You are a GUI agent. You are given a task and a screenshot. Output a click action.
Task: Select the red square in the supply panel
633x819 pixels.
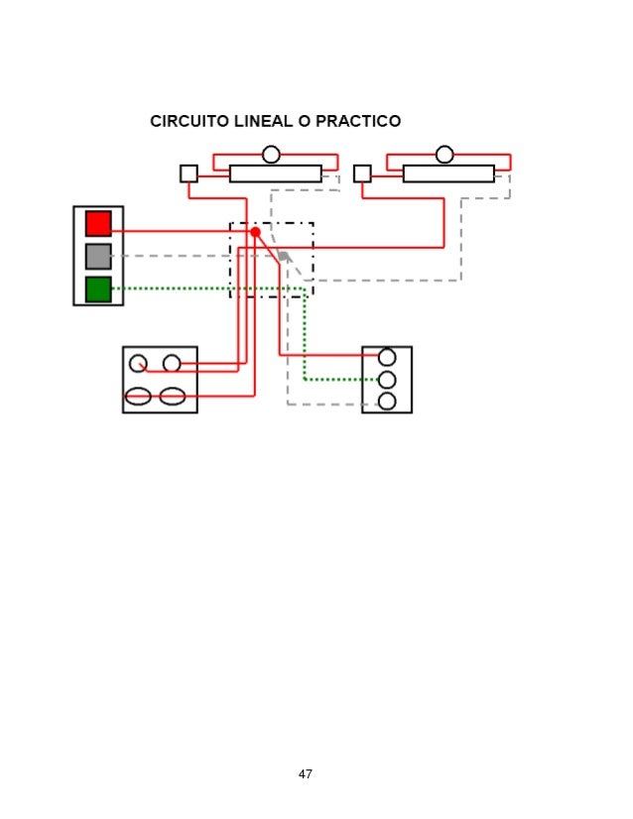(x=97, y=223)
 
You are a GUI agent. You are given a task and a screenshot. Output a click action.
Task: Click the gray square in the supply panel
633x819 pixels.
(x=97, y=256)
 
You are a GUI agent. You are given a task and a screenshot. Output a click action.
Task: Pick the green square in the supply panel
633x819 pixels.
(x=97, y=289)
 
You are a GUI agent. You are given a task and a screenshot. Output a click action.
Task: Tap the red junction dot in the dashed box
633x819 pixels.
(x=255, y=231)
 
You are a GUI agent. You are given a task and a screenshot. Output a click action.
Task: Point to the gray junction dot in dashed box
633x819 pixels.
(x=283, y=256)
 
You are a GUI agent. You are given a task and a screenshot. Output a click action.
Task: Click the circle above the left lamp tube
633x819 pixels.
(x=271, y=154)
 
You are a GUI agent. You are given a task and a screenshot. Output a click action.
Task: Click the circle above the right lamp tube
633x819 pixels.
(x=444, y=154)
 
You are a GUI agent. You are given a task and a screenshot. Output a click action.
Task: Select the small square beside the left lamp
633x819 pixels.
(x=189, y=174)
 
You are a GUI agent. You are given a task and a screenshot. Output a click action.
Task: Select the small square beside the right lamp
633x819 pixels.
(x=362, y=174)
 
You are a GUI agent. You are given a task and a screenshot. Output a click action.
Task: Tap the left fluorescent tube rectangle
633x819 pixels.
(x=275, y=174)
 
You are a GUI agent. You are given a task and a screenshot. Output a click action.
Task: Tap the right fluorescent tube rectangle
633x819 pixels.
(x=448, y=174)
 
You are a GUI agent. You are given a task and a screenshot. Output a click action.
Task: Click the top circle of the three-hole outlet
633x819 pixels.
(x=387, y=357)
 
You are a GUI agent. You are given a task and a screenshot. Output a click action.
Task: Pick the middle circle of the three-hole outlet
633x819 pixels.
(x=387, y=380)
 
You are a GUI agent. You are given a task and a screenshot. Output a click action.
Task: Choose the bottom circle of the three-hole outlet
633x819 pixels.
(x=387, y=401)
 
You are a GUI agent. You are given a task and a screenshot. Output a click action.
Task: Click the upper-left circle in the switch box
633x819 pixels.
(x=139, y=363)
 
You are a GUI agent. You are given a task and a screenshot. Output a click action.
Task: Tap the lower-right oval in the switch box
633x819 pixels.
(x=173, y=397)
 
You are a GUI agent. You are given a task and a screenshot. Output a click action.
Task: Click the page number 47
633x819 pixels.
(x=306, y=773)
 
